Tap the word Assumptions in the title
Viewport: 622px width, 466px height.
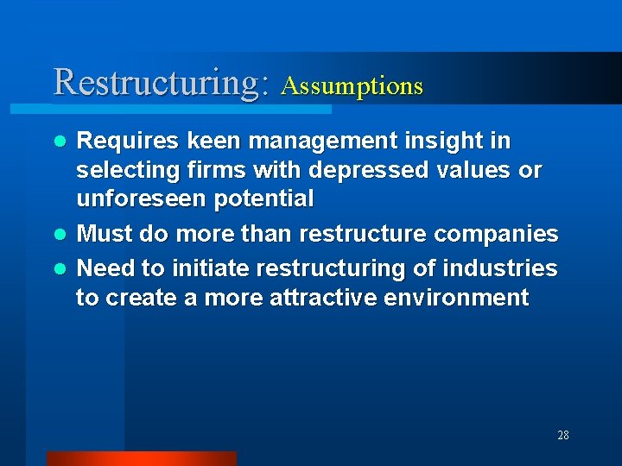[352, 86]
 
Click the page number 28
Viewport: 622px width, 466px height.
[563, 435]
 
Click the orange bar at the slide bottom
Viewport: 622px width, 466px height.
[141, 458]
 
